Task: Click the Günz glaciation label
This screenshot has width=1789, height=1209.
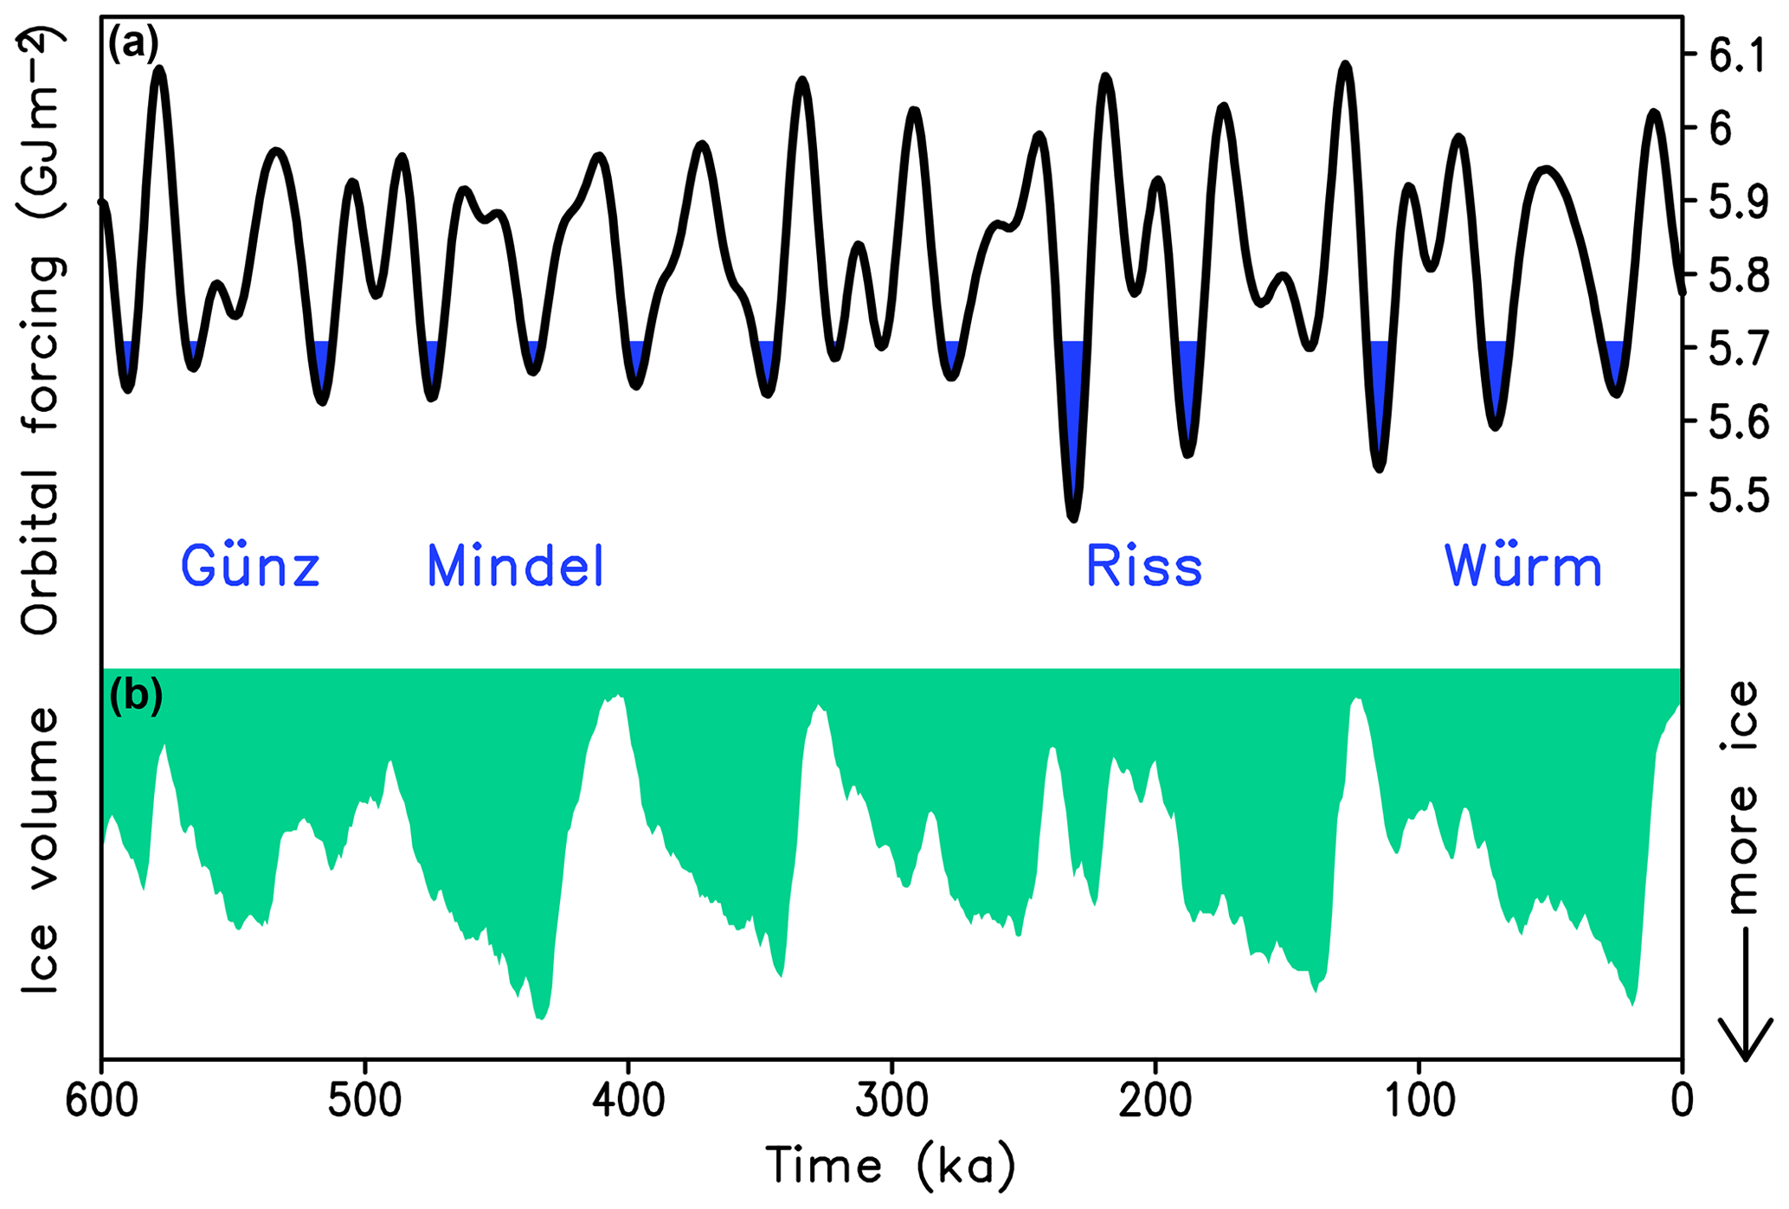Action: [250, 568]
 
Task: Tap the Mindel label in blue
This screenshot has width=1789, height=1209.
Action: [515, 568]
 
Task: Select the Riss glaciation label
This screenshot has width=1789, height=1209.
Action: [1144, 568]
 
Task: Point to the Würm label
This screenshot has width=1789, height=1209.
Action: [1522, 568]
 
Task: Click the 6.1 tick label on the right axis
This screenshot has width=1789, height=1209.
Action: [1735, 57]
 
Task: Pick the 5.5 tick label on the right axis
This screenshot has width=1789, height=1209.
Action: [1735, 498]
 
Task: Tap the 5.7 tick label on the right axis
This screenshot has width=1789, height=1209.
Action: [1735, 351]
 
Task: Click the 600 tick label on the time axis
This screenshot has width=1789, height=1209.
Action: [102, 1102]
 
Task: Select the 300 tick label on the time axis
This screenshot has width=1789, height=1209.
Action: [891, 1102]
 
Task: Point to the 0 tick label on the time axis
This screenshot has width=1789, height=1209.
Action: [1682, 1102]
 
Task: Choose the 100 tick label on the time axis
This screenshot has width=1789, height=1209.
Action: [1419, 1102]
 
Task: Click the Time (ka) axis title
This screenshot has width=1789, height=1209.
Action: [891, 1166]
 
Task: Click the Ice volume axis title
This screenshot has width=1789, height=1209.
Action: [42, 852]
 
